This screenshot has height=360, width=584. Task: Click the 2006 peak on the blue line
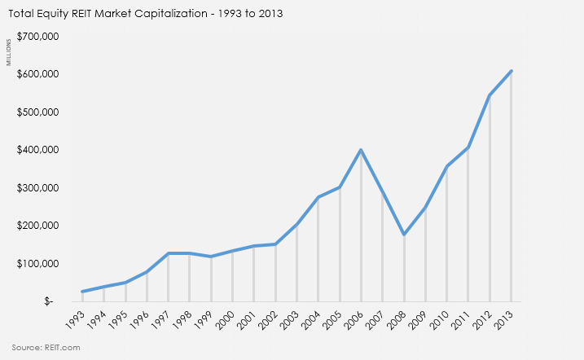[x=361, y=150]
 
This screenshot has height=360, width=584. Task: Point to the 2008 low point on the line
[x=404, y=235]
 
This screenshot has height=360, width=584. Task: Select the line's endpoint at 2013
[x=512, y=71]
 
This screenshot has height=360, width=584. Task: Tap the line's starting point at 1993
[x=82, y=292]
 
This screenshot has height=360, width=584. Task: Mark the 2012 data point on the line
[x=490, y=95]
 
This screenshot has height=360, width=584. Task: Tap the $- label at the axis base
[x=50, y=301]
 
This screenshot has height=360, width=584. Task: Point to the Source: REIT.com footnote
[x=46, y=347]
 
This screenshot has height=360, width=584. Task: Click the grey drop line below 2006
[x=361, y=228]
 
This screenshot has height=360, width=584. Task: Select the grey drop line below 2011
[x=468, y=228]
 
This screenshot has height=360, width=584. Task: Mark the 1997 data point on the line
[x=168, y=253]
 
